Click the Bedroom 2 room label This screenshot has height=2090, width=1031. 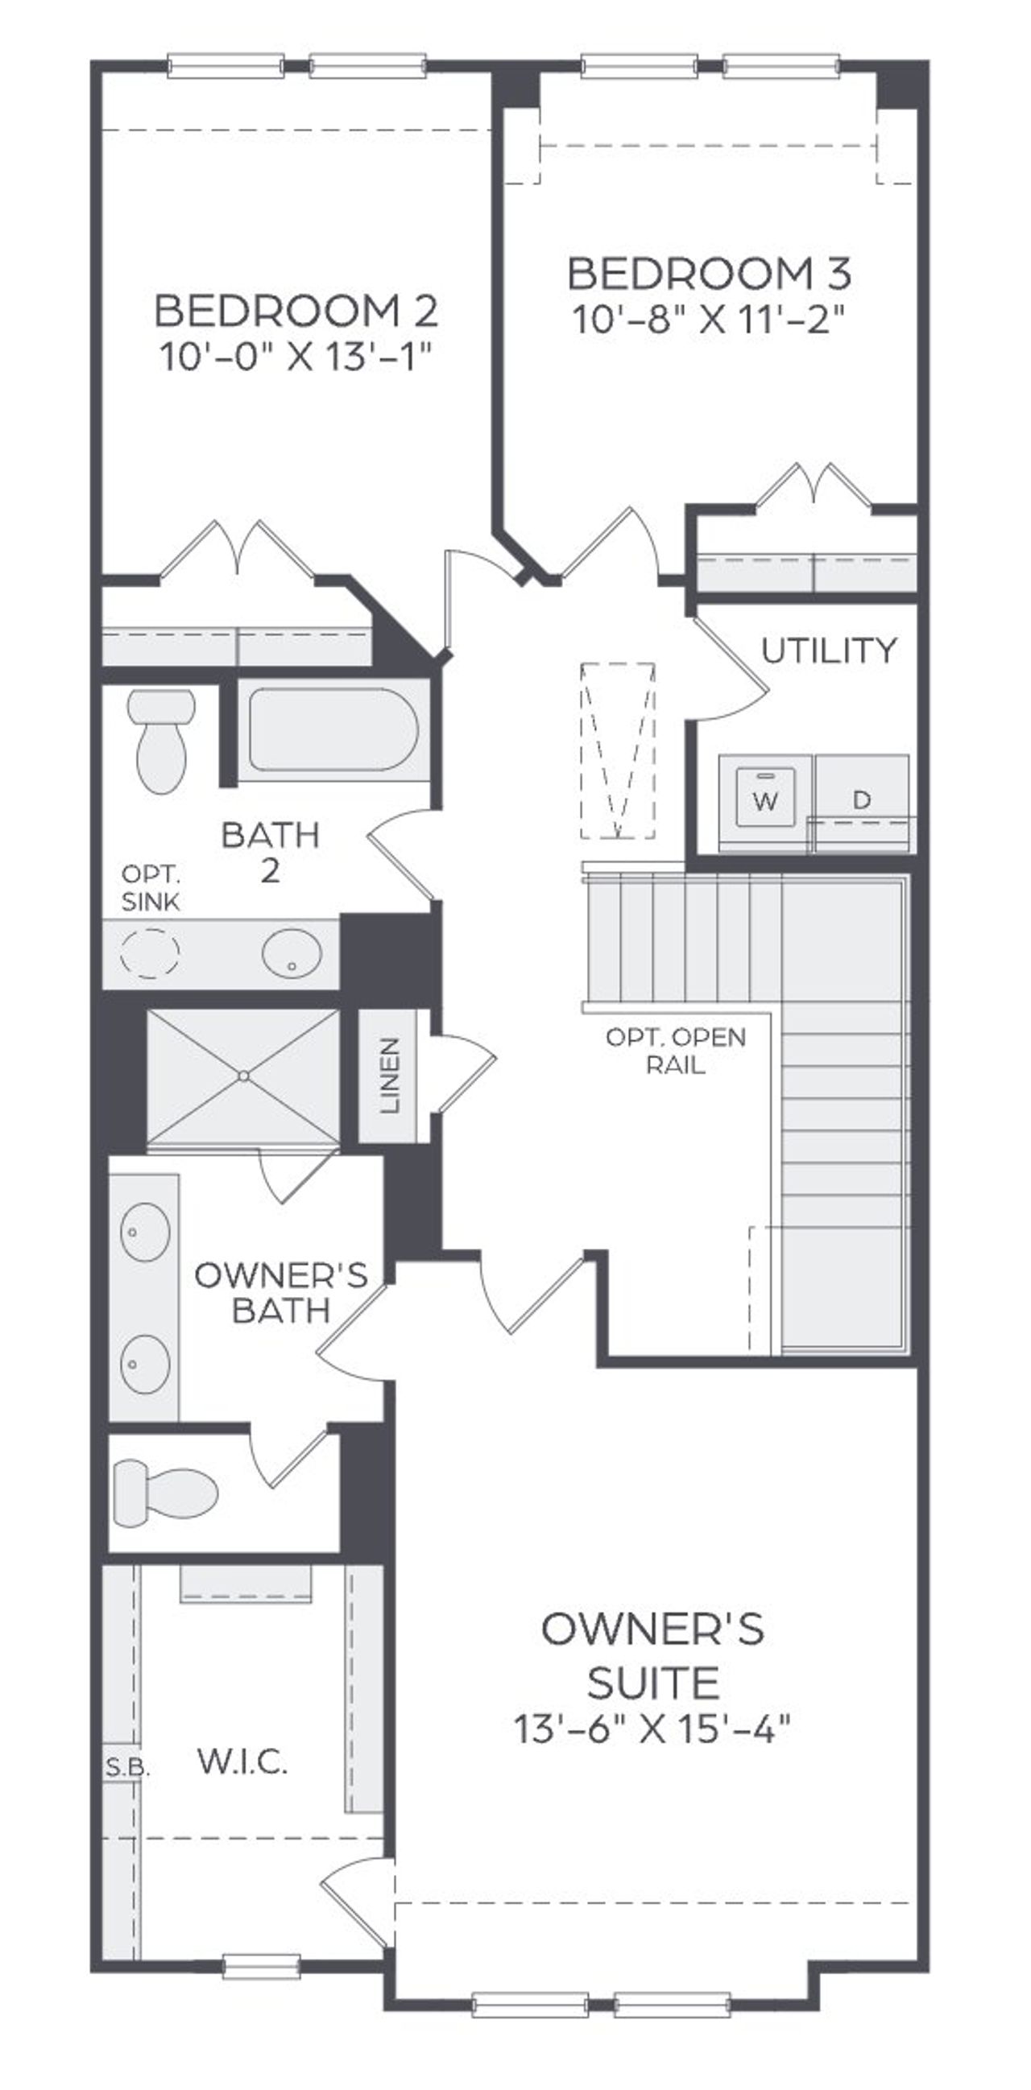[x=296, y=311]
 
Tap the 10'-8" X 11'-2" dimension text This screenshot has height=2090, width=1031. [x=710, y=319]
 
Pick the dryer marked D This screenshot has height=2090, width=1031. [x=862, y=800]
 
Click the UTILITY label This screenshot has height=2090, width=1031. [x=829, y=650]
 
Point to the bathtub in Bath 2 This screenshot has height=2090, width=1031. [x=333, y=729]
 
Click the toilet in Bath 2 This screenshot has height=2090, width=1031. [x=163, y=741]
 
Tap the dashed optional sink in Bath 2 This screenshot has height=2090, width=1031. [x=149, y=952]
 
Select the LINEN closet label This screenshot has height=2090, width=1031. [x=391, y=1075]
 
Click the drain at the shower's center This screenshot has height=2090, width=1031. [x=243, y=1076]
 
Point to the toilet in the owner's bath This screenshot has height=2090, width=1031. [x=166, y=1493]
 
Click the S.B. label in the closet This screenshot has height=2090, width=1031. [x=127, y=1767]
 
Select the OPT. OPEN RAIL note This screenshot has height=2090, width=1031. [x=676, y=1051]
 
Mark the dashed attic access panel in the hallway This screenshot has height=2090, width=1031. [x=617, y=750]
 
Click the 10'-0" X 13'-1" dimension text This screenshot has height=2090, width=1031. [x=295, y=356]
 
